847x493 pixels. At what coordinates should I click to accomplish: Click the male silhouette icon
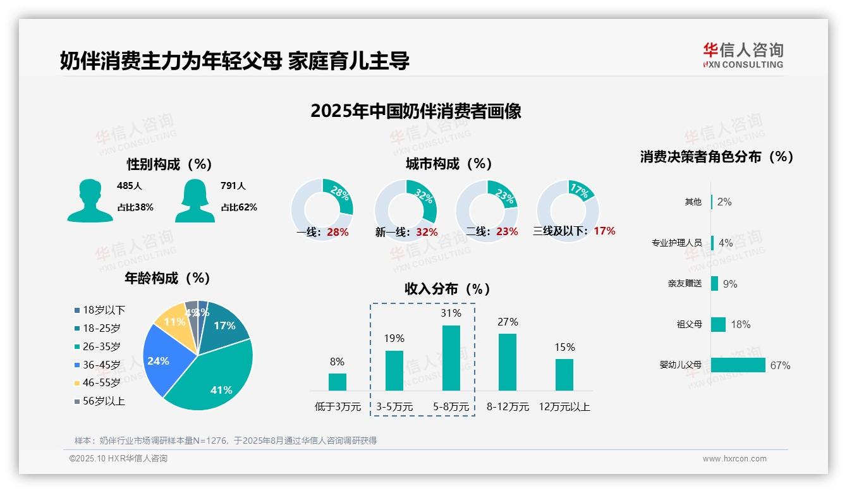point(90,200)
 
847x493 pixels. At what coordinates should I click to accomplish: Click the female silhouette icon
point(195,200)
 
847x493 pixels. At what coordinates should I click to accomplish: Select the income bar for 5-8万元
point(451,358)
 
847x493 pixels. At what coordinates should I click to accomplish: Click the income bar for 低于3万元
point(337,382)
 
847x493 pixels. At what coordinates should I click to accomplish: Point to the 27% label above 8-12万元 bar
point(507,322)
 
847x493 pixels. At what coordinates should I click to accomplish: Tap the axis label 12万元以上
point(564,407)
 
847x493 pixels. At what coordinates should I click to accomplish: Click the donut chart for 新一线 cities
point(405,210)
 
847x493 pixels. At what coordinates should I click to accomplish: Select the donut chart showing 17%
point(568,210)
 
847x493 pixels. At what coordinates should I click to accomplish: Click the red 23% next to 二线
point(507,232)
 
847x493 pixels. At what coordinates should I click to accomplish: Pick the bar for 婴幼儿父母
point(738,365)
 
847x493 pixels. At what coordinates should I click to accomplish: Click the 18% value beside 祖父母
point(740,325)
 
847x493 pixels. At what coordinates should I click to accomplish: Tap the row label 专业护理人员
point(676,243)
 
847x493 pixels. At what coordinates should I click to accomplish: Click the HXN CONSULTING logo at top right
point(743,56)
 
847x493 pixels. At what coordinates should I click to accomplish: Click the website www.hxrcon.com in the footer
point(734,459)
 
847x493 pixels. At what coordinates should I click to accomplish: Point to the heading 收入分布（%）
point(448,289)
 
